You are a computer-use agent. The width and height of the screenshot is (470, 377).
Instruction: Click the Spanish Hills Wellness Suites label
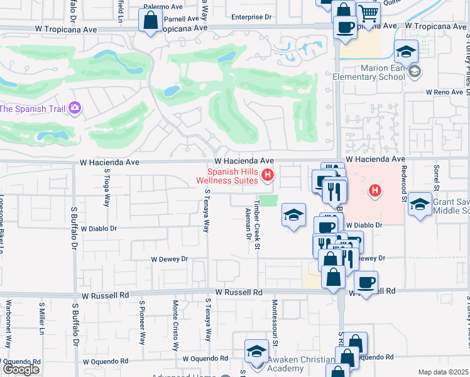227,176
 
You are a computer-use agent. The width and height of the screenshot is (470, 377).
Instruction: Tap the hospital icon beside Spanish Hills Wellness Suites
268,175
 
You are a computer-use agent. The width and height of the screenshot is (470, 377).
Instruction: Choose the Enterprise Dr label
253,17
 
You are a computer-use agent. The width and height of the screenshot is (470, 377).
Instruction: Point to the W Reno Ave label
445,92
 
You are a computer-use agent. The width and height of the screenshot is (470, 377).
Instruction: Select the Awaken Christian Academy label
301,364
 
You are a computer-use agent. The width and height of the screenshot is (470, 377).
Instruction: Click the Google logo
21,369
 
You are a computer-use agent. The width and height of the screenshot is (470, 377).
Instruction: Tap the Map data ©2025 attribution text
443,372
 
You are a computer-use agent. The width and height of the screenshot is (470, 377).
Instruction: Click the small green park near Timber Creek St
269,200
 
